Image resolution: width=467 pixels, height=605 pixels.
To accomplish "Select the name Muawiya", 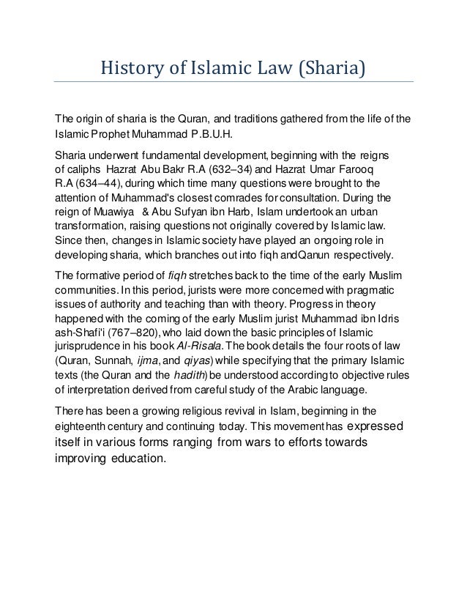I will point(117,212).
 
